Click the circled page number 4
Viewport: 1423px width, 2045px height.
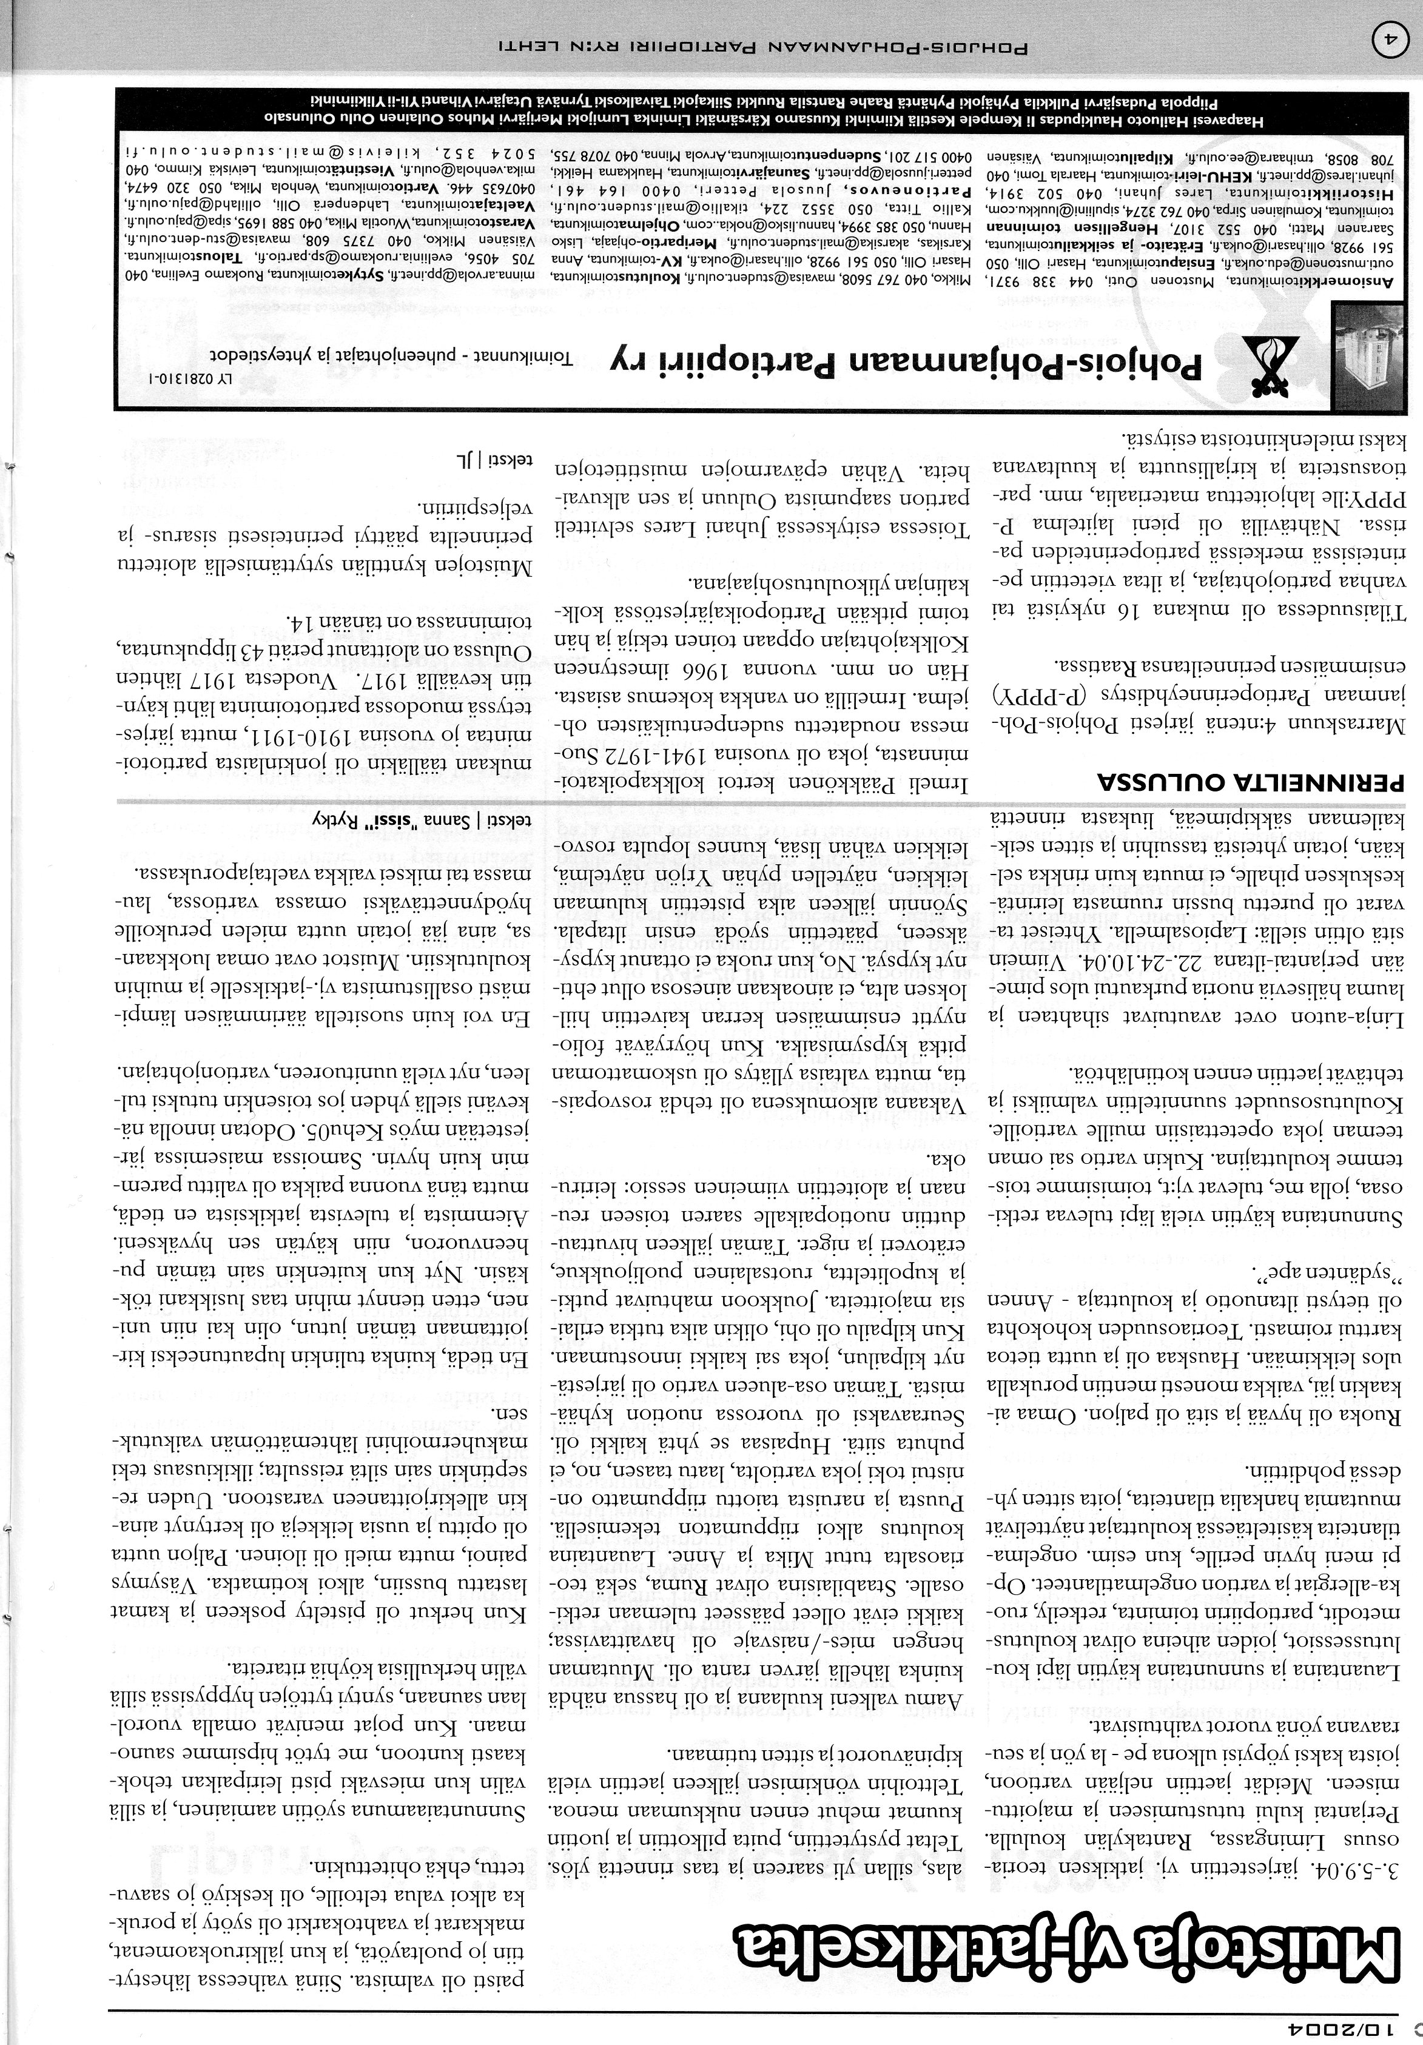click(x=1393, y=42)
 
